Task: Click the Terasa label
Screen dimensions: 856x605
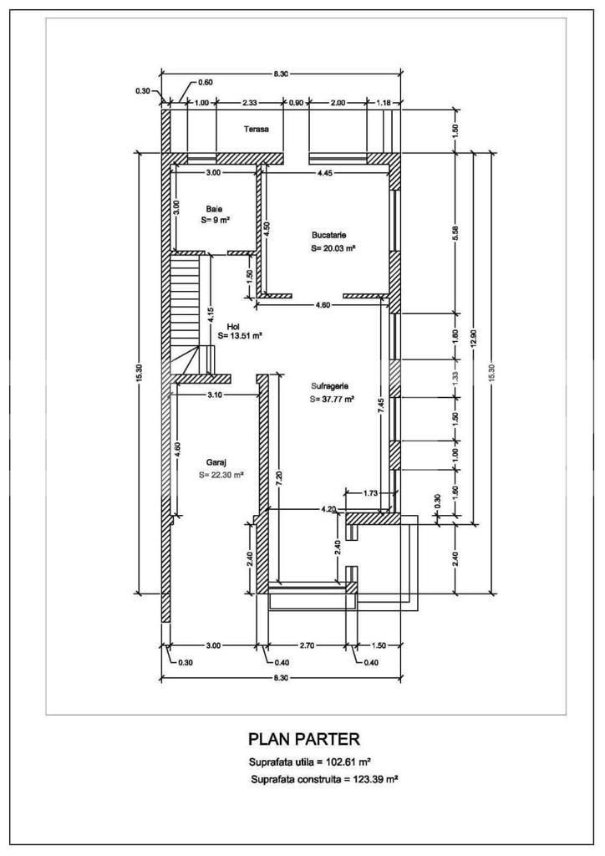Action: (x=257, y=130)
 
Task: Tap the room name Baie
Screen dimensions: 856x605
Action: (x=215, y=209)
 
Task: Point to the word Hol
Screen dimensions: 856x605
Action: (x=233, y=325)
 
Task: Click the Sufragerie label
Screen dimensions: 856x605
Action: (x=330, y=386)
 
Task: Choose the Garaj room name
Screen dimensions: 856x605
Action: (x=216, y=461)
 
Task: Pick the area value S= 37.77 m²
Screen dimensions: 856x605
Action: (x=333, y=399)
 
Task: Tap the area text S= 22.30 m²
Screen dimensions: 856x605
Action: (x=221, y=474)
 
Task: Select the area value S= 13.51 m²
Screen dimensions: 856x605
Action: (x=241, y=336)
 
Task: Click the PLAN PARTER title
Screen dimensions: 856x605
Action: (x=304, y=739)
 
